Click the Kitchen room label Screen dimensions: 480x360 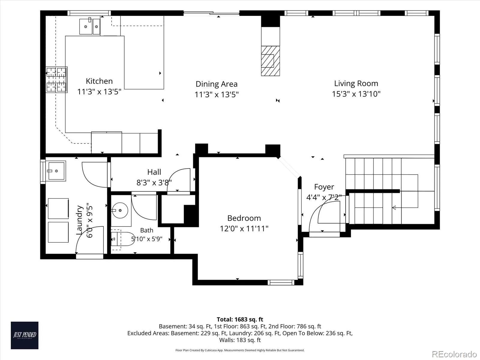pyautogui.click(x=99, y=81)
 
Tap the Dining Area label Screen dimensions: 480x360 pyautogui.click(x=217, y=84)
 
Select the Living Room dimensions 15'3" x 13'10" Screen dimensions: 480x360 pyautogui.click(x=356, y=94)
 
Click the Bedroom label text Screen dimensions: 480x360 pyautogui.click(x=244, y=218)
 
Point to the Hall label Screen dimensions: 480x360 pyautogui.click(x=154, y=172)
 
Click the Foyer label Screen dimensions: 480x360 pyautogui.click(x=324, y=187)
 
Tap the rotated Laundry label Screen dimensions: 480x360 pyautogui.click(x=79, y=220)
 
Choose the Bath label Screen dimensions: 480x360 pyautogui.click(x=146, y=230)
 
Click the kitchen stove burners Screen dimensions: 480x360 pyautogui.click(x=56, y=79)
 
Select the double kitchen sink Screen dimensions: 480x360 pyautogui.click(x=90, y=26)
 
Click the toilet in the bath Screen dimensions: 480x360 pyautogui.click(x=122, y=239)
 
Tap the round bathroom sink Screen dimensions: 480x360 pyautogui.click(x=120, y=210)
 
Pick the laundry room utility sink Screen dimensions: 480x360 pyautogui.click(x=56, y=171)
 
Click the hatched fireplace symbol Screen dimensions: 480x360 pyautogui.click(x=271, y=61)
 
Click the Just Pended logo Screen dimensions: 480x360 pyautogui.click(x=25, y=335)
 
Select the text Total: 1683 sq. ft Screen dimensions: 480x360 pyautogui.click(x=240, y=319)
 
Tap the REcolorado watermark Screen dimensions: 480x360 pyautogui.click(x=454, y=354)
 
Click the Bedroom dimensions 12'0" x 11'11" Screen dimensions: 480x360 pyautogui.click(x=244, y=229)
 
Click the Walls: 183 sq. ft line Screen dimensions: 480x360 pyautogui.click(x=240, y=340)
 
